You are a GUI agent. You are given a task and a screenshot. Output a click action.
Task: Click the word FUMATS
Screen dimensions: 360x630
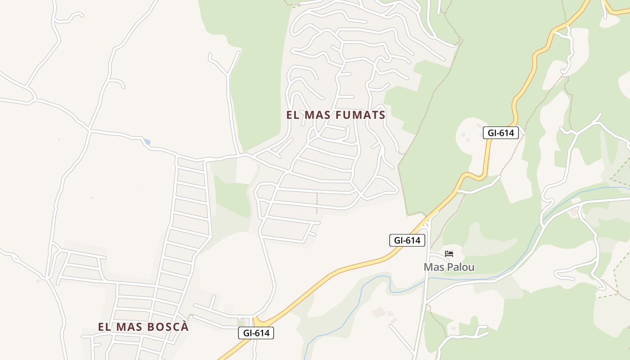click(360, 115)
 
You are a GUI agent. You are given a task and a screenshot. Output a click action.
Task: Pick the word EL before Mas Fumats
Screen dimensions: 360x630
click(293, 115)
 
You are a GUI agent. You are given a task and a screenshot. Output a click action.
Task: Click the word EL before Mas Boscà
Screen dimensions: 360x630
click(104, 327)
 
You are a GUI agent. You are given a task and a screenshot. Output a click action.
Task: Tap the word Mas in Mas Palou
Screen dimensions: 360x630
click(433, 267)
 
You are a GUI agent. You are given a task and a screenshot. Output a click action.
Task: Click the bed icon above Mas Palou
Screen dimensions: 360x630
click(449, 254)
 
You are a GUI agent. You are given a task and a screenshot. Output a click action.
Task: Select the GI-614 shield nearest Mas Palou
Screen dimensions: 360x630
click(407, 241)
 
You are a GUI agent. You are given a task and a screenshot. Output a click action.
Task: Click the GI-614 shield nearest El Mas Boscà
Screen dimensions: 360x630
click(256, 333)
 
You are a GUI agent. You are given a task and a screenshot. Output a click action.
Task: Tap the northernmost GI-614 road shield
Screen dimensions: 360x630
click(501, 133)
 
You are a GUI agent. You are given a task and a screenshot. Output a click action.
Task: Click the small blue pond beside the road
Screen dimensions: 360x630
click(147, 142)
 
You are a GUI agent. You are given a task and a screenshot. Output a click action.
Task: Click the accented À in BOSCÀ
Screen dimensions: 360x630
click(184, 327)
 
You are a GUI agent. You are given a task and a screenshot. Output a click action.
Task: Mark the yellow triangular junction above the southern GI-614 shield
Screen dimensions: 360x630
click(258, 321)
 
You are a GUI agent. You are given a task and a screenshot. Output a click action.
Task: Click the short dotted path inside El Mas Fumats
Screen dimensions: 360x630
click(317, 203)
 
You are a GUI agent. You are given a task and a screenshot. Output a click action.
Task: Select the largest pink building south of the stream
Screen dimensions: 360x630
click(379, 312)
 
